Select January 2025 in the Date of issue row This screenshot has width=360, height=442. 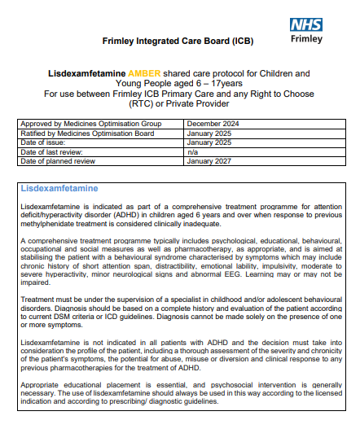click(209, 142)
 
